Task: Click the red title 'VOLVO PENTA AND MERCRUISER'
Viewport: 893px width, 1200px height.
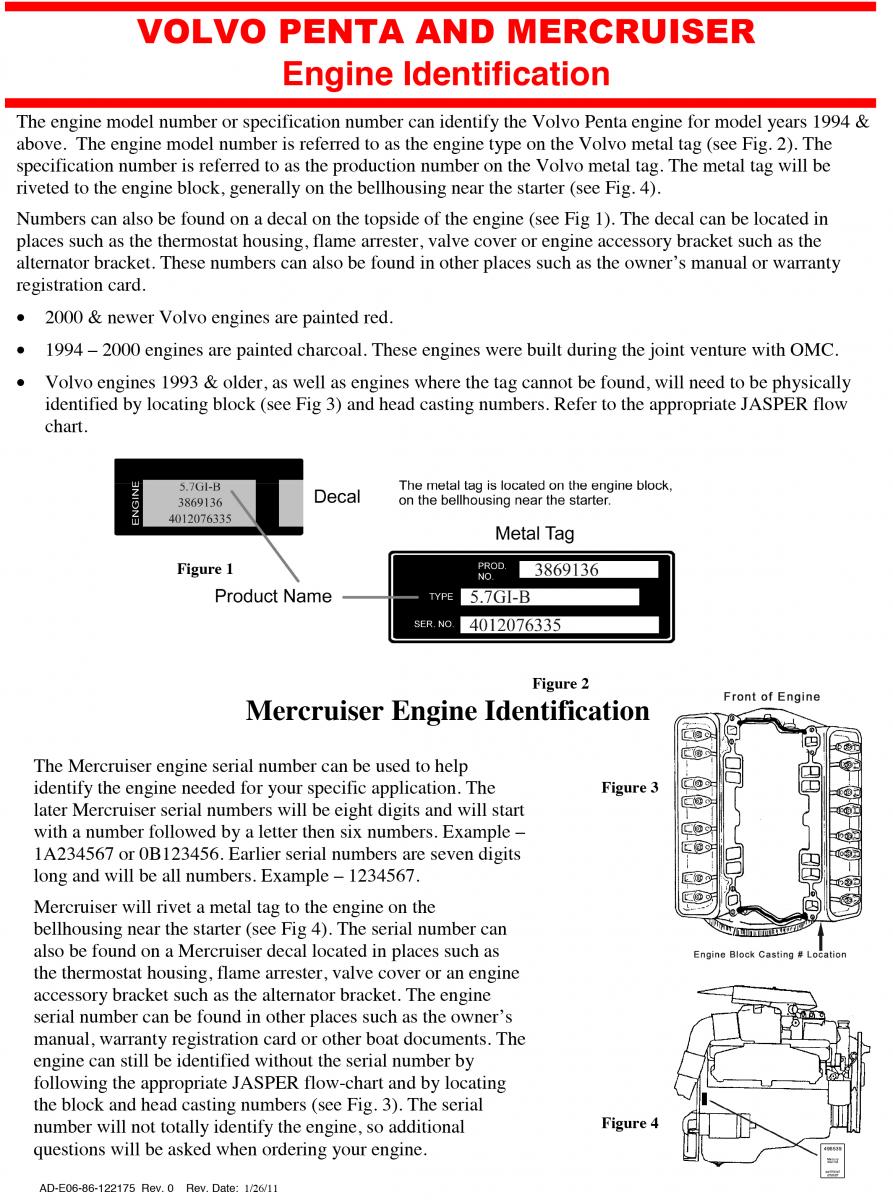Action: (x=446, y=32)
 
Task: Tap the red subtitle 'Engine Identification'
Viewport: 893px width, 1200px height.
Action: (x=446, y=74)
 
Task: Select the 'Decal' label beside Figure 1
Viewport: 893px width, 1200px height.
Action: (x=337, y=497)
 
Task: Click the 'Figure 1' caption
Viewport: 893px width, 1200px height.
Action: (x=205, y=569)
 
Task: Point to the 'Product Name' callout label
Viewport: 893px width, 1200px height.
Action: (x=273, y=597)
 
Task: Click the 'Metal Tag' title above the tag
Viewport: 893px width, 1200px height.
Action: (x=535, y=534)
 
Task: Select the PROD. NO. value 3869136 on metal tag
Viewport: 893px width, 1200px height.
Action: (x=566, y=570)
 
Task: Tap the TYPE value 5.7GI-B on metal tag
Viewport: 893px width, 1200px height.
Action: (x=500, y=598)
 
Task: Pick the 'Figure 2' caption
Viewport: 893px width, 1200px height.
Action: (x=560, y=684)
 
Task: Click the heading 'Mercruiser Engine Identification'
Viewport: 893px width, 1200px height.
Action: (x=447, y=711)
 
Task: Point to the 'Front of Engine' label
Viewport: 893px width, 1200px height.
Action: (x=771, y=697)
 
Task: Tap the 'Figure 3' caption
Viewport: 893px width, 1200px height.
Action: (x=629, y=788)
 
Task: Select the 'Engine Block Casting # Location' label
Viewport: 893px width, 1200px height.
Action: (x=770, y=954)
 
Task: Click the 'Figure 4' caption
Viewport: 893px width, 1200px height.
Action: (x=629, y=1123)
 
